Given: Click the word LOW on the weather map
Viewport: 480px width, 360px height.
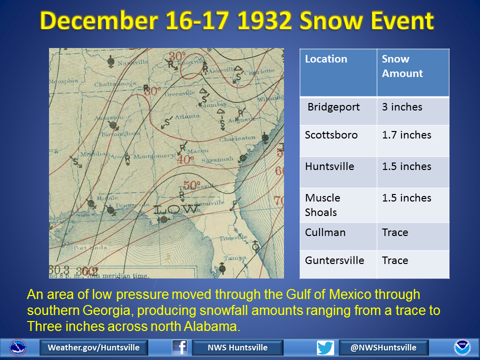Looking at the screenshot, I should (177, 209).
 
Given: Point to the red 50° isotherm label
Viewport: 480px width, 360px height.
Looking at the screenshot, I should (191, 185).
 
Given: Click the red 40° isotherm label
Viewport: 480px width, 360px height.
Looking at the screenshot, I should (184, 160).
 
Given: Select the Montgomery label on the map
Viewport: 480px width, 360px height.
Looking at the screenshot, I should (157, 156).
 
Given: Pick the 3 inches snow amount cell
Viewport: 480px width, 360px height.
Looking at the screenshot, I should (402, 107).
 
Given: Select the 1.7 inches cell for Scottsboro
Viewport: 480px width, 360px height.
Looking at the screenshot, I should (406, 135).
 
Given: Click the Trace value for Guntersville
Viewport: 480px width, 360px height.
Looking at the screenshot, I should (395, 260).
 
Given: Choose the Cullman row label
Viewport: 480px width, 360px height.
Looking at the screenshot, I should (325, 232).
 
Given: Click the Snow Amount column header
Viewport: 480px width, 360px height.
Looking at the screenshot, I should (402, 66).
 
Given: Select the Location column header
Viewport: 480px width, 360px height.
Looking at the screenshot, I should (326, 59).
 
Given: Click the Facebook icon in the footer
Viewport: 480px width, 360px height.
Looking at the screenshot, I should (179, 347).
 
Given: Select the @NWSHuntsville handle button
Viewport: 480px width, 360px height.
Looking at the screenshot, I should (384, 347).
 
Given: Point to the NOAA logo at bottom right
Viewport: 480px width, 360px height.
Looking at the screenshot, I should (462, 347).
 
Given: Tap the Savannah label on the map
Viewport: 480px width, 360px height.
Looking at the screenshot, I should (218, 160).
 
